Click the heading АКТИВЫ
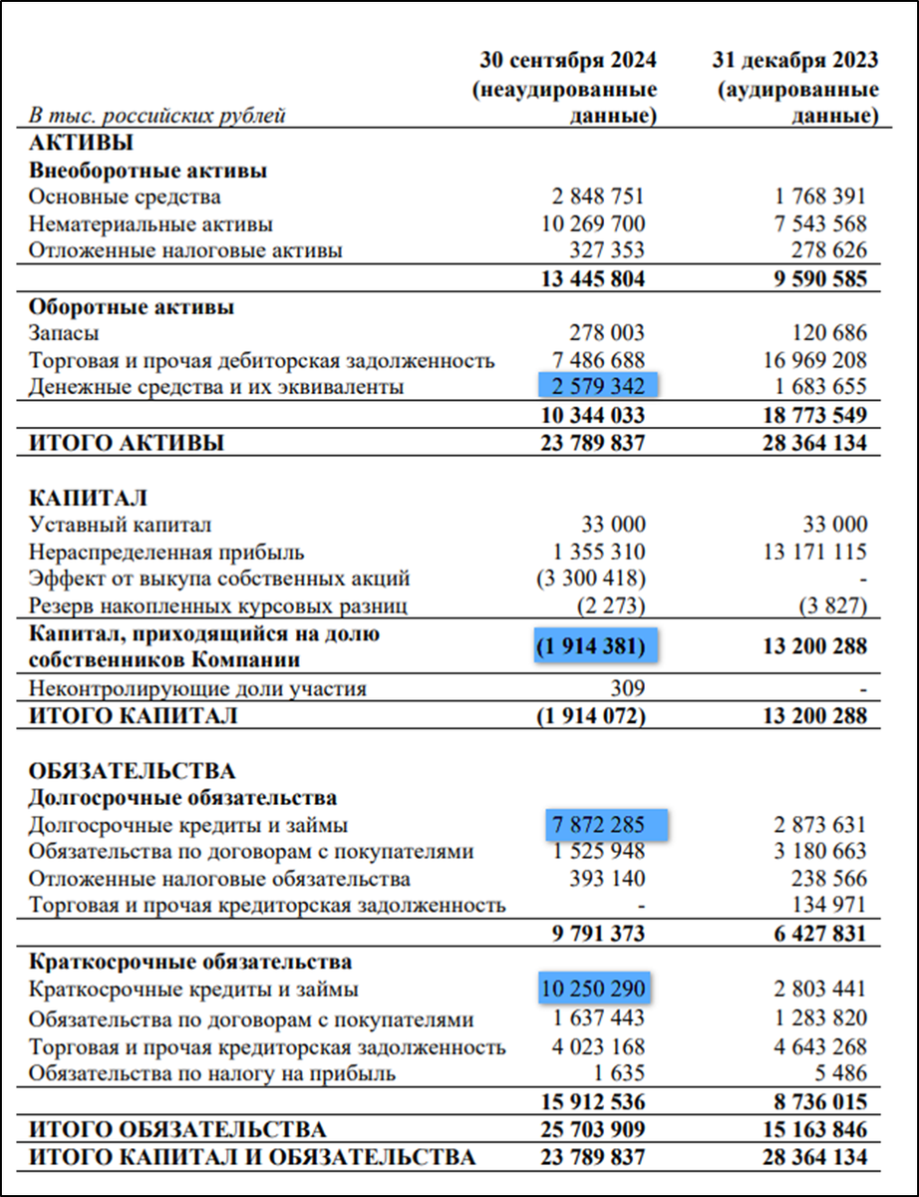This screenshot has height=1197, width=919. pos(82,143)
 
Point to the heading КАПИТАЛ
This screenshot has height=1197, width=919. pos(89,498)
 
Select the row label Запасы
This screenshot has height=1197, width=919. pos(64,333)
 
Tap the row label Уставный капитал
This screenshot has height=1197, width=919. pos(120,525)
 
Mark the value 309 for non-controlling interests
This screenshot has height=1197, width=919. pos(628,688)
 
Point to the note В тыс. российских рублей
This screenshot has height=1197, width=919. pos(156,116)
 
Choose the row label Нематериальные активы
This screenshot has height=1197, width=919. pos(151,223)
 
